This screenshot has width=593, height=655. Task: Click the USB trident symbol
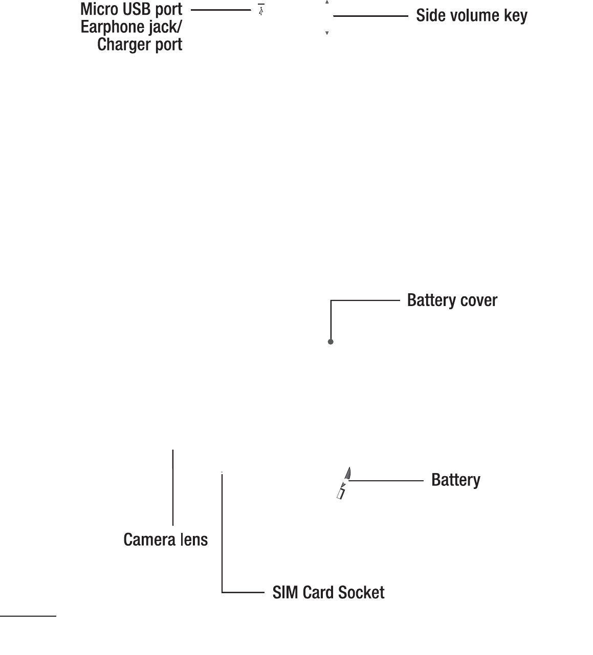tap(261, 10)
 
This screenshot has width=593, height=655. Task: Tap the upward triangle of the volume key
tap(327, 2)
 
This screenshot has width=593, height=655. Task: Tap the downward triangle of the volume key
tap(327, 33)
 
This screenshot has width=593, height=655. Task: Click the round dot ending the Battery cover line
tap(331, 342)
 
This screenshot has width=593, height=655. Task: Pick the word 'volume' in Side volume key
tap(471, 16)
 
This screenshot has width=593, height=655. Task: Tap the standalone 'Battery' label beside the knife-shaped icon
tap(455, 480)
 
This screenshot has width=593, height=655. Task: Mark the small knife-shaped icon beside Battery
tap(343, 482)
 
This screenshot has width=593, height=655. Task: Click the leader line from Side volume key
tap(370, 16)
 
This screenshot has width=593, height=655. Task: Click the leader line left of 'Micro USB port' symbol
tap(221, 10)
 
